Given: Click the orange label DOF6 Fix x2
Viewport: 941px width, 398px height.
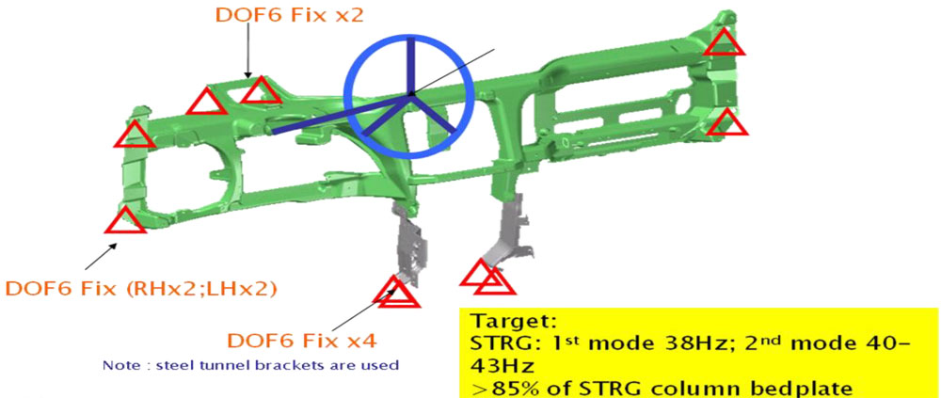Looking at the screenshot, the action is [289, 15].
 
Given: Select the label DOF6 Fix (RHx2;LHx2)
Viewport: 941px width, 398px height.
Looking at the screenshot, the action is [140, 289].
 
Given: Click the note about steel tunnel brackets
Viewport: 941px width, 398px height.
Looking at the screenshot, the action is [250, 364].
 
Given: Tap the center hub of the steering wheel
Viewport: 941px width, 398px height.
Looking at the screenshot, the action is [411, 95].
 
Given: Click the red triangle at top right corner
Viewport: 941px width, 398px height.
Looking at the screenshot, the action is [725, 42].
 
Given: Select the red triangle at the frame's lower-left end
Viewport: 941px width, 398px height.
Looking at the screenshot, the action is [125, 220].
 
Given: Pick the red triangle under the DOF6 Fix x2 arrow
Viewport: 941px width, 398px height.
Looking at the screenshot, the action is [260, 90].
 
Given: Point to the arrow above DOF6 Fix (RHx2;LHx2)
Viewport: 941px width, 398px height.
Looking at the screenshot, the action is [101, 256].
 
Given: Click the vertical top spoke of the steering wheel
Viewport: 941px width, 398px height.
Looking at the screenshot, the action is [411, 66].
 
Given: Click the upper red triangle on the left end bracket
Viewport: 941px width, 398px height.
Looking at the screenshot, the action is [135, 134].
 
